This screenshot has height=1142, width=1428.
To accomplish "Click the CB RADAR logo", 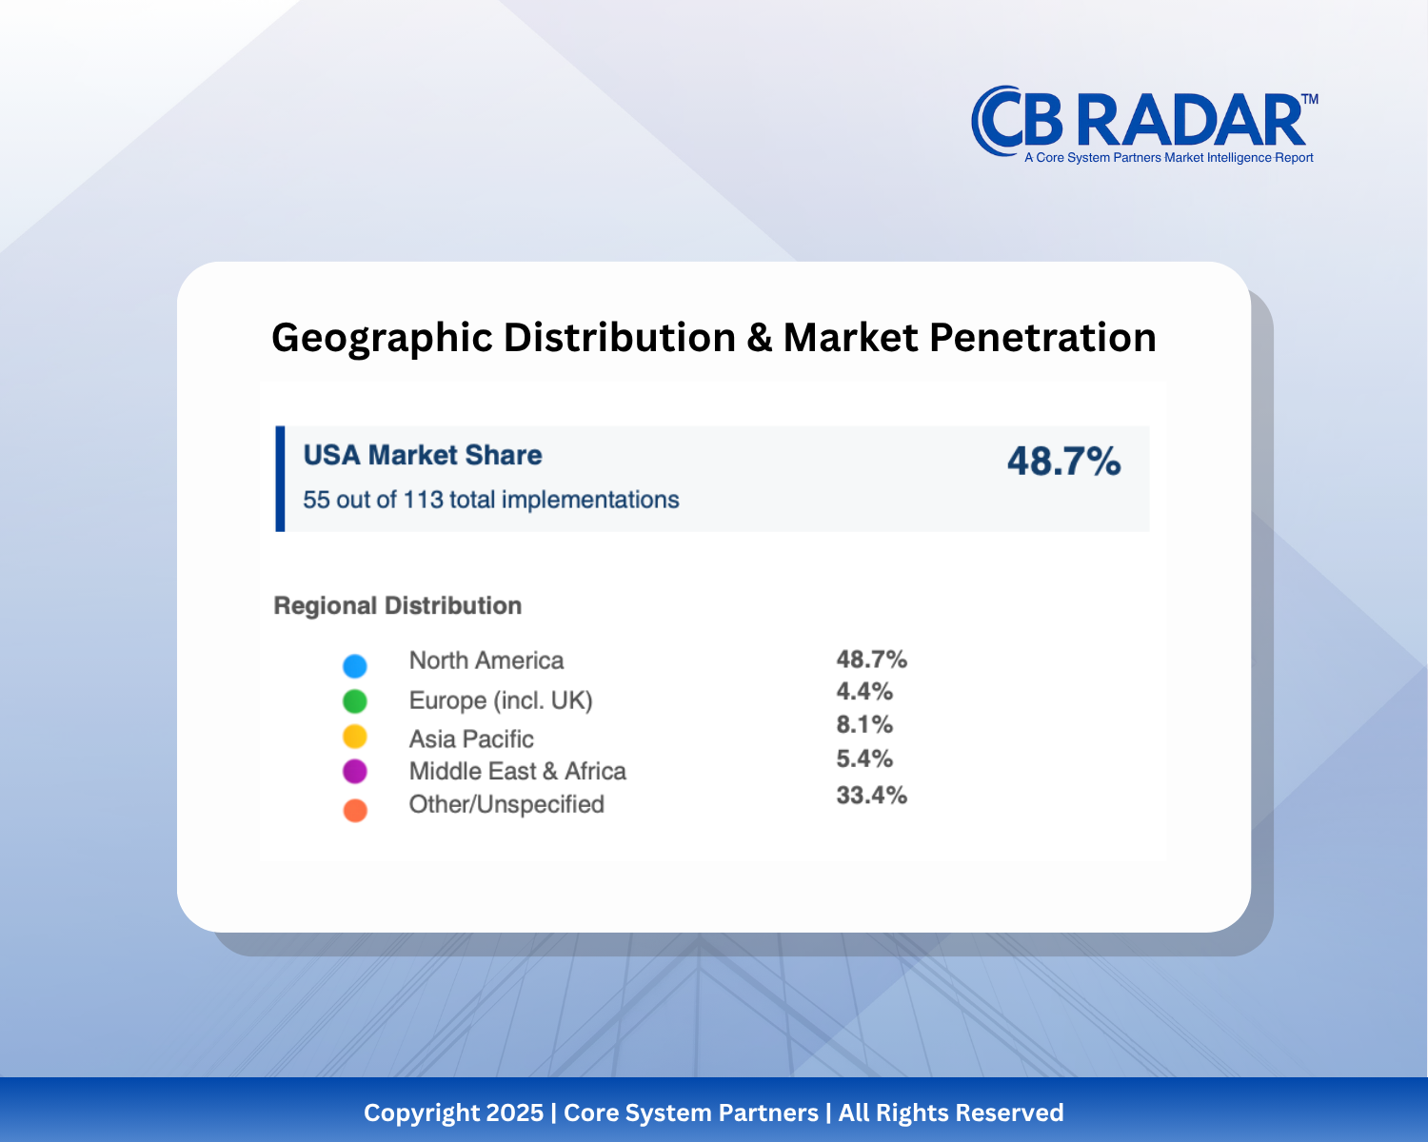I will [1142, 124].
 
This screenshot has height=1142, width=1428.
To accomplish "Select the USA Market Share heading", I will [422, 455].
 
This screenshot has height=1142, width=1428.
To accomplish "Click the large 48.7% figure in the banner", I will [1063, 462].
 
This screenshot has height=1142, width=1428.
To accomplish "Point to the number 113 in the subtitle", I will [423, 500].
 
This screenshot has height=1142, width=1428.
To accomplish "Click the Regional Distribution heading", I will [397, 605].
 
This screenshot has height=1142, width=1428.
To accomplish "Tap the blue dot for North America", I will [355, 665].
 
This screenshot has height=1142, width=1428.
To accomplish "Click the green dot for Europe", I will [355, 701].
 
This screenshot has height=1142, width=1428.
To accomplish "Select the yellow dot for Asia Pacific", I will [355, 737].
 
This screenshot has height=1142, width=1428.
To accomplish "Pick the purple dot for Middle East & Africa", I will [355, 771].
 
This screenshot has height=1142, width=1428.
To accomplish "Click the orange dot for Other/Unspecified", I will [355, 811].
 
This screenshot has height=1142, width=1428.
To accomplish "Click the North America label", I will [486, 660].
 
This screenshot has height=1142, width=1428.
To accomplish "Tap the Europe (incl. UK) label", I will [501, 700].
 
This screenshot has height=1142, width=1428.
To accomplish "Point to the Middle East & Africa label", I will [517, 771].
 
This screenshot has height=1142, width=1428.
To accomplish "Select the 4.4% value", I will [864, 692].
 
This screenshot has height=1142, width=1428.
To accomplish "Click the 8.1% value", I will [864, 725].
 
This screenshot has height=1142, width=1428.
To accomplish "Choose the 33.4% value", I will [871, 796].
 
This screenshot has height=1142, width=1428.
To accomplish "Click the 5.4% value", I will [864, 759].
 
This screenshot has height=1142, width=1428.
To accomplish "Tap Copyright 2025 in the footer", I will [453, 1112].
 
